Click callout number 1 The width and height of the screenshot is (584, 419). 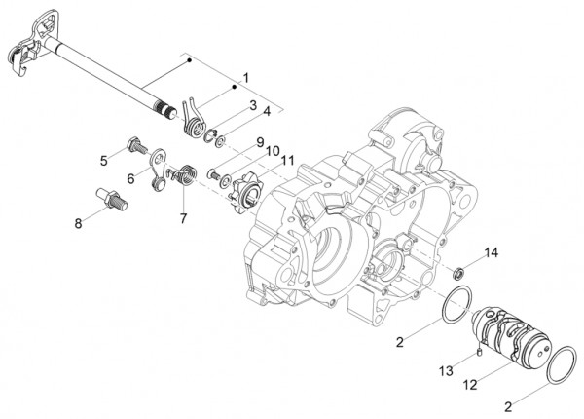(x=245, y=76)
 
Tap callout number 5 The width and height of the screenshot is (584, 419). (x=102, y=159)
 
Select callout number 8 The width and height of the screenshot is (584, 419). (x=80, y=222)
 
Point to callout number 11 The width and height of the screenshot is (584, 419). (x=287, y=159)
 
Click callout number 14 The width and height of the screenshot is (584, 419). (x=492, y=253)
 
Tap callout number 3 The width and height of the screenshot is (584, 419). (x=252, y=104)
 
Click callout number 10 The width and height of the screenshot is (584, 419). (x=274, y=150)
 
